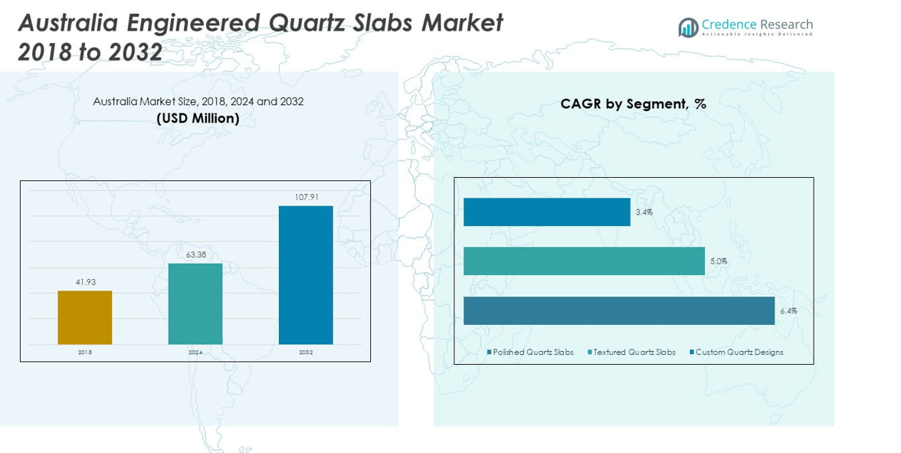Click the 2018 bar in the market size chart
point(85,317)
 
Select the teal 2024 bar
point(195,304)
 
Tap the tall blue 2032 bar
point(306,274)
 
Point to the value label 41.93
point(85,282)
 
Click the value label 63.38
point(195,254)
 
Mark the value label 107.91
point(306,197)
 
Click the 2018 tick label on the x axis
point(85,353)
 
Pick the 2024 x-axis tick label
point(195,353)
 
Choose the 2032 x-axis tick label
point(306,353)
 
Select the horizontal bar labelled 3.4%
point(546,212)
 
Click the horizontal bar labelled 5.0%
point(584,261)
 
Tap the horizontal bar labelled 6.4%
point(619,310)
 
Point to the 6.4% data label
point(788,311)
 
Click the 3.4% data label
point(644,212)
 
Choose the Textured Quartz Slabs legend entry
point(634,353)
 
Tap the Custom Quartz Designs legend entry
point(739,353)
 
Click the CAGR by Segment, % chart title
point(633,104)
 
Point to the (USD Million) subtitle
point(198,118)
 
